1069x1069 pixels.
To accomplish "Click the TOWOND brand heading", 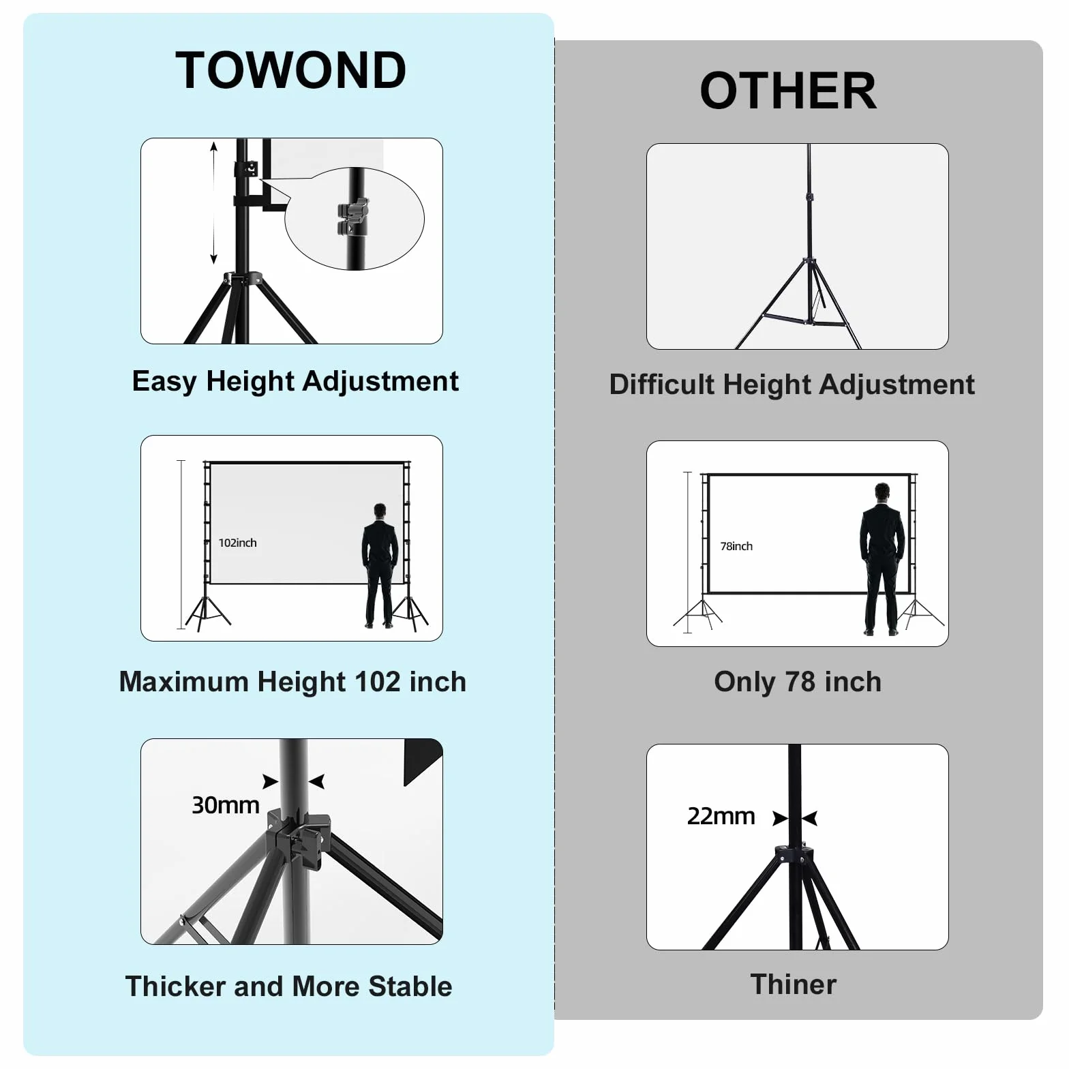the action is coord(290,70).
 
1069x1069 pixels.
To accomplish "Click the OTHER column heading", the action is coord(788,91).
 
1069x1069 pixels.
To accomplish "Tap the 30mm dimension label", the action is coord(226,805).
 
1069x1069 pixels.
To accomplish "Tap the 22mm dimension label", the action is coord(721,816).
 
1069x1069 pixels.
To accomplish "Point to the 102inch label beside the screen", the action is coord(238,543).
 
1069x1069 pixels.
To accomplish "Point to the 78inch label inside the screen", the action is coord(736,546).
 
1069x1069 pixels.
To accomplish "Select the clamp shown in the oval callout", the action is coord(352,217).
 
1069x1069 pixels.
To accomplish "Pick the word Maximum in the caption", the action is coord(185,682).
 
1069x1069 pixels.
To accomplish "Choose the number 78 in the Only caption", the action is coord(800,682).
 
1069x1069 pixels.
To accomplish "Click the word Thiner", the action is coord(794,984).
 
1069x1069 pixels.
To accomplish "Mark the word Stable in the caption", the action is coord(410,987).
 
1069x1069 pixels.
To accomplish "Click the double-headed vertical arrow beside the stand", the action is coord(213,202).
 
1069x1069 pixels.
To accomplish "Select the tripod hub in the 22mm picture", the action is coord(794,855).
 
